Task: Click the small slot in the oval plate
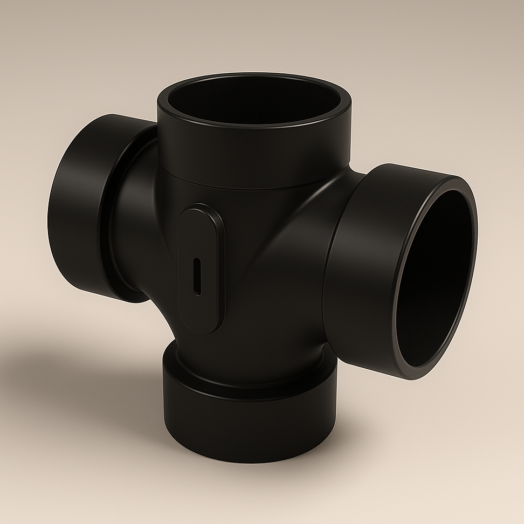[197, 276]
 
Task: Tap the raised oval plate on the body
[201, 243]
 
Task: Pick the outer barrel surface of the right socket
[367, 270]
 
